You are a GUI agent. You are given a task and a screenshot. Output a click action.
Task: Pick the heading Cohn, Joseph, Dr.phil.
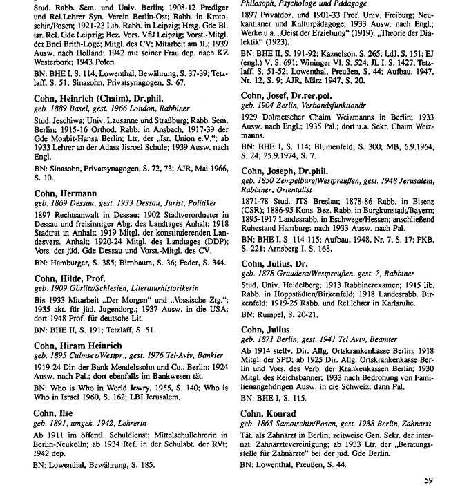[290, 170]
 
